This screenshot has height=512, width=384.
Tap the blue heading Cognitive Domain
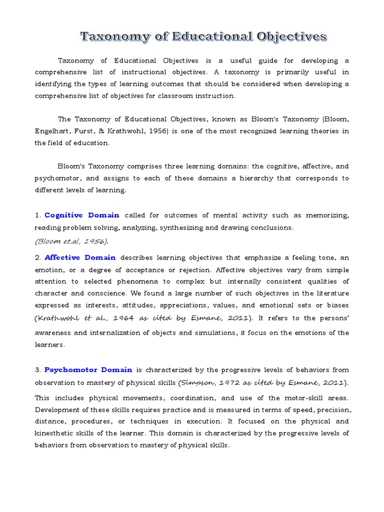click(82, 215)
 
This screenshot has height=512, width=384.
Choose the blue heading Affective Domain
click(80, 257)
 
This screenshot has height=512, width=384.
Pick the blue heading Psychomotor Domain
click(88, 370)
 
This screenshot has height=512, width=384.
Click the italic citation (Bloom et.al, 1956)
click(71, 241)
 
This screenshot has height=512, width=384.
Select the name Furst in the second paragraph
click(93, 131)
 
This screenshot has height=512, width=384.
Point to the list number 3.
click(37, 370)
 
